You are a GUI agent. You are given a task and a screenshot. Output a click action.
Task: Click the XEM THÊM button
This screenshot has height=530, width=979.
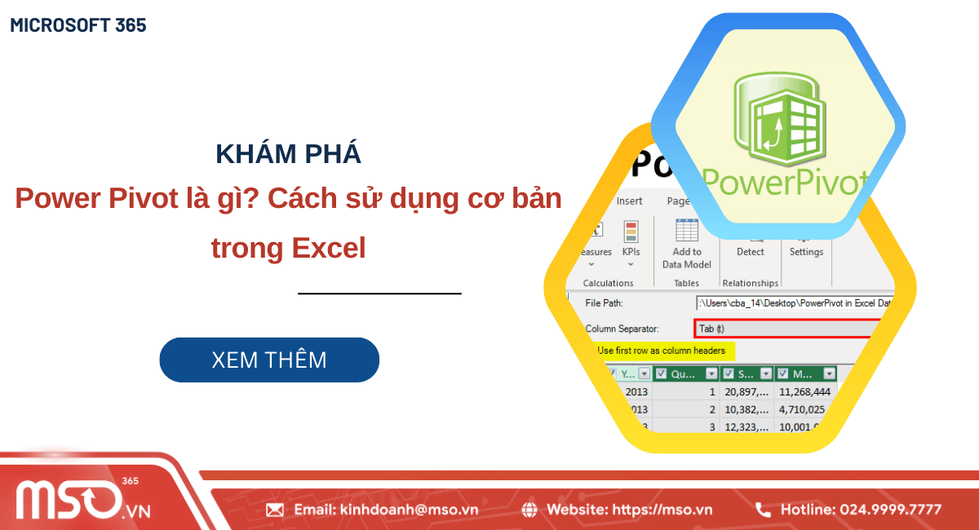tap(269, 360)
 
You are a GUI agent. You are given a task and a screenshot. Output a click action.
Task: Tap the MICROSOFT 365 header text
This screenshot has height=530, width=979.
tap(78, 25)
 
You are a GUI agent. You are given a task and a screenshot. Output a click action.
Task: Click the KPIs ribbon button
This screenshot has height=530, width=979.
tap(631, 242)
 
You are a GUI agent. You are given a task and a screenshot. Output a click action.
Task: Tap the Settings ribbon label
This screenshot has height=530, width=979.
tap(806, 252)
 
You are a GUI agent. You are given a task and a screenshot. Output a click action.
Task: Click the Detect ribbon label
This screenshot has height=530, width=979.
tap(750, 252)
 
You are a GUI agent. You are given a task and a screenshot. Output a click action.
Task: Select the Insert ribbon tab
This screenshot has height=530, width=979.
tap(629, 201)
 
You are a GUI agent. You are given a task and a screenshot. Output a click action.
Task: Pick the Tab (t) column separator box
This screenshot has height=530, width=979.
tap(787, 329)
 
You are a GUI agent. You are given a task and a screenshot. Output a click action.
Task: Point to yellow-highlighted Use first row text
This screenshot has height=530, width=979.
tap(661, 351)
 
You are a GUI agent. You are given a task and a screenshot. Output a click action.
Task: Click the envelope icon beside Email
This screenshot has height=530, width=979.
tap(275, 510)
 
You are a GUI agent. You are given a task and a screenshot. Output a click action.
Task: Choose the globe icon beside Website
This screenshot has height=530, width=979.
tap(529, 510)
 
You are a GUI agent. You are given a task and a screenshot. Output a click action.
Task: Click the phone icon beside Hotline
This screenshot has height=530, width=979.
tap(763, 510)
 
